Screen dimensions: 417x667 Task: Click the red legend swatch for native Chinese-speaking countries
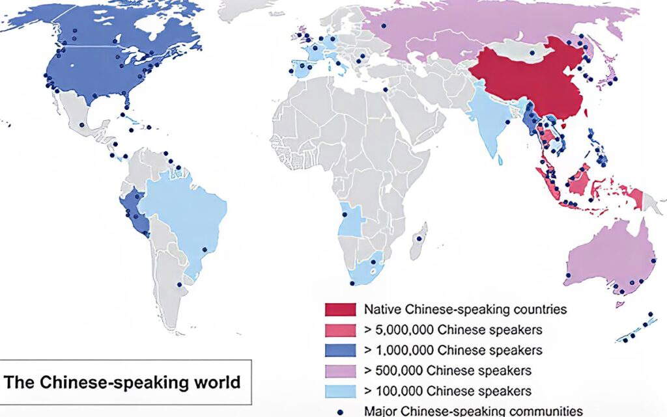point(340,310)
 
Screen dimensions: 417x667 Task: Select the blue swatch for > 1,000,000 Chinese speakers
point(340,350)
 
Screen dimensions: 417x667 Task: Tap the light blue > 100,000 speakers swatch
point(340,390)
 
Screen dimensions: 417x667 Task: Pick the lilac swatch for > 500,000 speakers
point(340,370)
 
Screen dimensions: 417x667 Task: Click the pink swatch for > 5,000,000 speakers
point(340,330)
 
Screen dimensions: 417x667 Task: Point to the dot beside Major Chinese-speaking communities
point(340,411)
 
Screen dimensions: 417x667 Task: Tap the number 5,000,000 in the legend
point(405,330)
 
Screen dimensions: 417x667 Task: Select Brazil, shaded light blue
point(189,215)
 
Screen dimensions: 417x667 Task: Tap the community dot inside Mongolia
point(533,53)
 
